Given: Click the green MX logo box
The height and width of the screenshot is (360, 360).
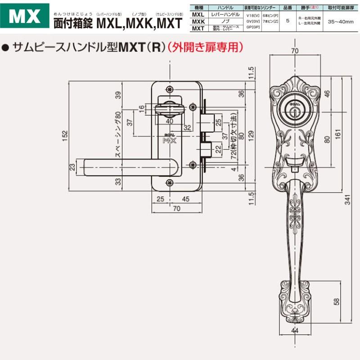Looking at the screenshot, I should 26,16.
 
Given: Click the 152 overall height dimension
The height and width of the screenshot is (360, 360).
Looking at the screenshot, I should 64,135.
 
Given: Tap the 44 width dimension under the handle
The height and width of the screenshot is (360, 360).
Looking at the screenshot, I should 295,331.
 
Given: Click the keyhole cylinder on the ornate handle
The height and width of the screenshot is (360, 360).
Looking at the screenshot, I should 294,110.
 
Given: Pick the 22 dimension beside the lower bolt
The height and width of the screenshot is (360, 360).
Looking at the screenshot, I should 218,148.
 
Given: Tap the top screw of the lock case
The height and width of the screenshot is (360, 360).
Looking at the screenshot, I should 169,88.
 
